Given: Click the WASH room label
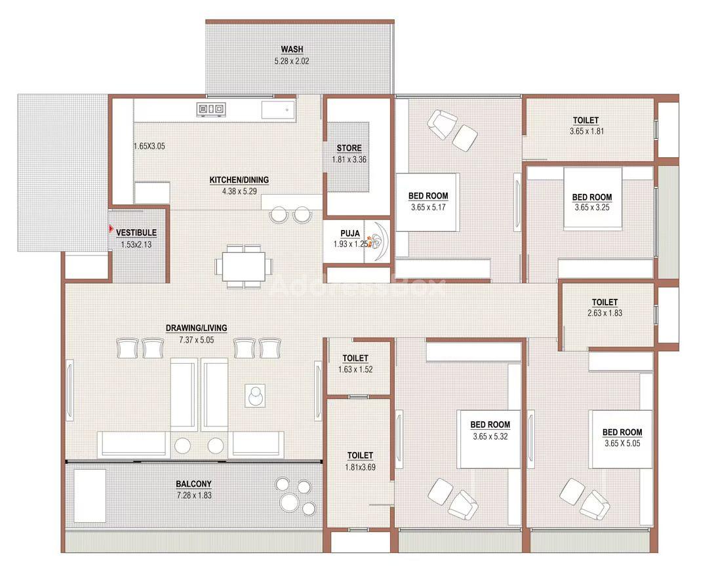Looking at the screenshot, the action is coord(292,49).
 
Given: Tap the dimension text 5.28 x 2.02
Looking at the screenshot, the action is coord(292,61).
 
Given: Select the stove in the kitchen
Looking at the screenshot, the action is coord(211,109).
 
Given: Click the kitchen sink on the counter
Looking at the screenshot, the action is coord(278,110).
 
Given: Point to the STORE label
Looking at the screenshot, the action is coord(349,148).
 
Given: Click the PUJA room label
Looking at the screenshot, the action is coord(350,233).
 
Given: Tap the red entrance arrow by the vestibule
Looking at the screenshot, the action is coord(111,229).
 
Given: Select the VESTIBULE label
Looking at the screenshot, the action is coord(136,233).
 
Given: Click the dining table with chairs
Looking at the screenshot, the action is coord(244,267).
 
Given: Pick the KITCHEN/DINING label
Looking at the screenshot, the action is coord(239,180).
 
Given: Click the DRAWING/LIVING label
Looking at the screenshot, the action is coord(196,328).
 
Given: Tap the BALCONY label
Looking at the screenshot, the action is coord(193,484).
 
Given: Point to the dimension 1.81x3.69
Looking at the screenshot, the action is coord(360,467).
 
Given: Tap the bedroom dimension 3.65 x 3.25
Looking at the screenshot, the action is coord(592,208).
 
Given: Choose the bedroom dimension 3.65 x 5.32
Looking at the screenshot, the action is coord(490,437).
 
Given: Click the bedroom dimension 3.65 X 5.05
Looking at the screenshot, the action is coord(622,444).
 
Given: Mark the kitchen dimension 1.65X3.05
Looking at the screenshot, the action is coord(149,147).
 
